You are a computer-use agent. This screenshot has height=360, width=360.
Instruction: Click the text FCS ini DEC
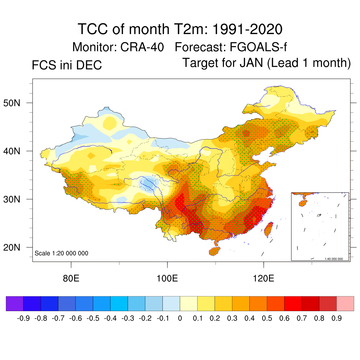(67, 65)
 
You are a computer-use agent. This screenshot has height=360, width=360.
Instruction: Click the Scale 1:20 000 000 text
(62, 253)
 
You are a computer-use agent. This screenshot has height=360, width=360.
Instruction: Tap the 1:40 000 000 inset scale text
(336, 259)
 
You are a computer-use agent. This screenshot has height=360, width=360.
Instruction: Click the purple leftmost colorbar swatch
(14, 304)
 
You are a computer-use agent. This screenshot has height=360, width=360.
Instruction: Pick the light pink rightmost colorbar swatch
(345, 304)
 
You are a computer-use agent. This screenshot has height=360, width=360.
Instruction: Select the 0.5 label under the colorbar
(267, 319)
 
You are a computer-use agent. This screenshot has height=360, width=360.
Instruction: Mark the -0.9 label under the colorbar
(23, 319)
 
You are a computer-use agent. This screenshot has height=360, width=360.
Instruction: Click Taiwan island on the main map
(268, 229)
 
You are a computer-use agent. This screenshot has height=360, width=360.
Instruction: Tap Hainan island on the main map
(214, 251)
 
